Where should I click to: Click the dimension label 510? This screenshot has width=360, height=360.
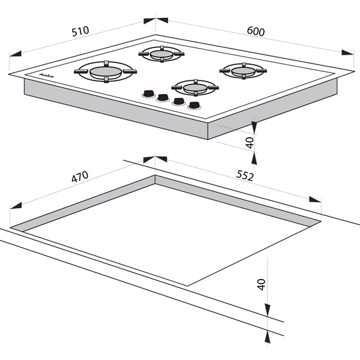coord(80,31)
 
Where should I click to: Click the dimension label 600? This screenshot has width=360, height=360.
coord(256,31)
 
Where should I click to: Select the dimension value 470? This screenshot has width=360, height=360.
coord(80,176)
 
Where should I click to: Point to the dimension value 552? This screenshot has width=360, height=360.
coord(245,176)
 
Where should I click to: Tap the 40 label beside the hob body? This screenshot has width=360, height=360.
coord(250,143)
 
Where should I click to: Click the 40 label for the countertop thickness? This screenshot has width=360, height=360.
coord(262,284)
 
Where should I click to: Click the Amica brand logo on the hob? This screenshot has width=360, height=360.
coord(46,76)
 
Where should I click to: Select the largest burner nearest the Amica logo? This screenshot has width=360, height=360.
coord(106,71)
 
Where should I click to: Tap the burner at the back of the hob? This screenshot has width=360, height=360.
coord(161,54)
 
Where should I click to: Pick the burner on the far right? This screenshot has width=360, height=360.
coord(243,71)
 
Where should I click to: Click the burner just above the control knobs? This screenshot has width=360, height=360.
coord(195,88)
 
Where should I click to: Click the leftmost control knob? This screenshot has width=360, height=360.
coord(148,94)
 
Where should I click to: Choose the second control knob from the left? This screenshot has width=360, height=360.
coord(163,98)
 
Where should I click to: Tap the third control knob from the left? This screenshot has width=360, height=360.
coord(178,101)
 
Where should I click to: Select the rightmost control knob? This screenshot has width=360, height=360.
coord(194,106)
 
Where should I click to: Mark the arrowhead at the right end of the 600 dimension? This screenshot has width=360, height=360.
coord(347,53)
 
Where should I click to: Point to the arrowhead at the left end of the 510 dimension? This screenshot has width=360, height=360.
coord(15,54)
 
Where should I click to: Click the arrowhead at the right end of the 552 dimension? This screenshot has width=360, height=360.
coord(315,199)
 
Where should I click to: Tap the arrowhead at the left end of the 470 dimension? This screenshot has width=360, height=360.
coord(16,205)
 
